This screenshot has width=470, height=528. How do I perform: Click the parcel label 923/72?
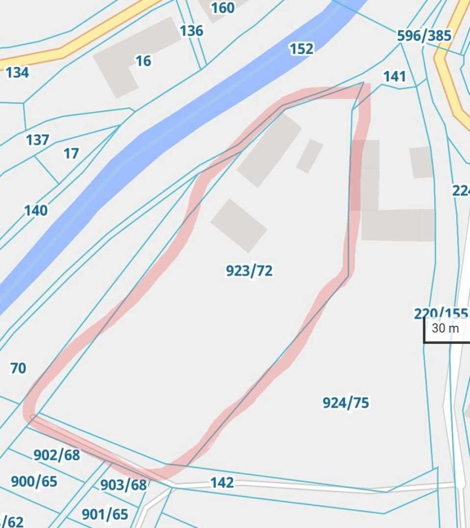249,271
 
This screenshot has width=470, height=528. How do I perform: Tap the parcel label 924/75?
346,403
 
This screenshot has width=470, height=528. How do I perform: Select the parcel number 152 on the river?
301,49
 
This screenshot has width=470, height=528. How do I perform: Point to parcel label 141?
394,76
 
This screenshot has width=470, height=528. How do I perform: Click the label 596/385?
424,36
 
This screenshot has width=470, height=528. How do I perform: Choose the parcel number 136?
191,31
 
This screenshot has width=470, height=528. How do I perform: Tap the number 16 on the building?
143,61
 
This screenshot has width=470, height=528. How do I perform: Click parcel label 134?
17,72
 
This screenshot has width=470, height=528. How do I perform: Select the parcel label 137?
37,140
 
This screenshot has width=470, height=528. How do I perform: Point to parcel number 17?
71,153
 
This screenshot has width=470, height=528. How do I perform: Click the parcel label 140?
35,210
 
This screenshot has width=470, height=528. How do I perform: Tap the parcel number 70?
18,368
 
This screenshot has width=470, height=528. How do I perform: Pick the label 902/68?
57,455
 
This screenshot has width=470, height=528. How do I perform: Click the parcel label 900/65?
34,481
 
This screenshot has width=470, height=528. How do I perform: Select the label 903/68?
123,485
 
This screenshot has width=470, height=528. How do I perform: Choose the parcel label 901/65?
105,514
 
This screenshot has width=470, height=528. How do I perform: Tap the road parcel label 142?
222,482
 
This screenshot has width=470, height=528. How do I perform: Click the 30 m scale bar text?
445,328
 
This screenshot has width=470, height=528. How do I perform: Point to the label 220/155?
440,313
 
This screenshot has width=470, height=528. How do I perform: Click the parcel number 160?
222,8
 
